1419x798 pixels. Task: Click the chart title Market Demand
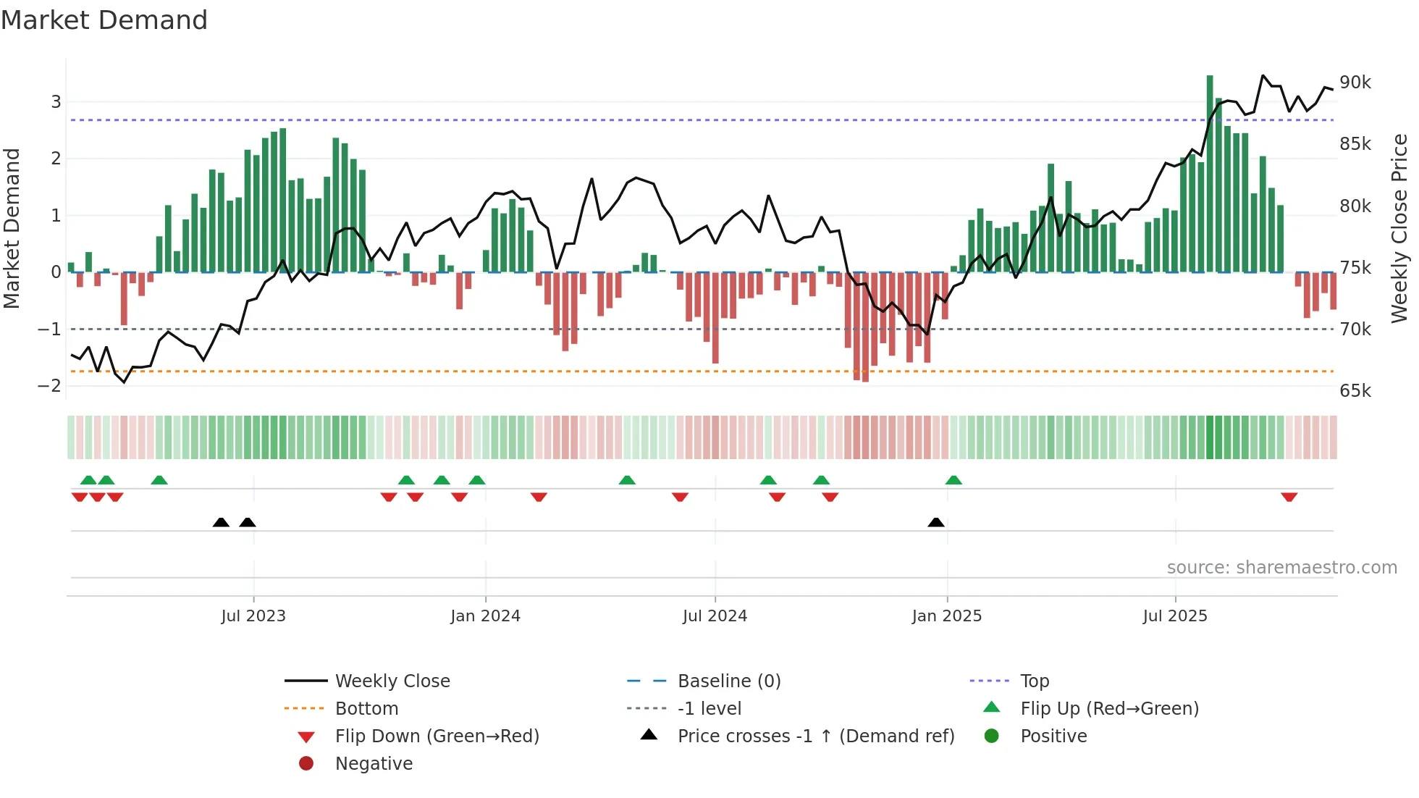104,20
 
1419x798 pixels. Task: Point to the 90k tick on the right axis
1355,83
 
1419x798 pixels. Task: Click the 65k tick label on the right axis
1355,391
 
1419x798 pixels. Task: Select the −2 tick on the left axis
49,386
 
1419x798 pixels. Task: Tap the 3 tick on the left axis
56,102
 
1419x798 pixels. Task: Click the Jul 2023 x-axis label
253,616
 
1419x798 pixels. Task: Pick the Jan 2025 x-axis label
946,616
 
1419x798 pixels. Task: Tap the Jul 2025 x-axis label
1175,616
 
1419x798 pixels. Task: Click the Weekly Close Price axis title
1399,228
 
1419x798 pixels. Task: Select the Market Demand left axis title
12,228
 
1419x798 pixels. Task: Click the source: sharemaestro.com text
1281,568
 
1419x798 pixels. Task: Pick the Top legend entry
1035,681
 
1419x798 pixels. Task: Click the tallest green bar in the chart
1210,174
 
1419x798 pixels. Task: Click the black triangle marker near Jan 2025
936,522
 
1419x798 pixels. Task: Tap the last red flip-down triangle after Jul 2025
1289,497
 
